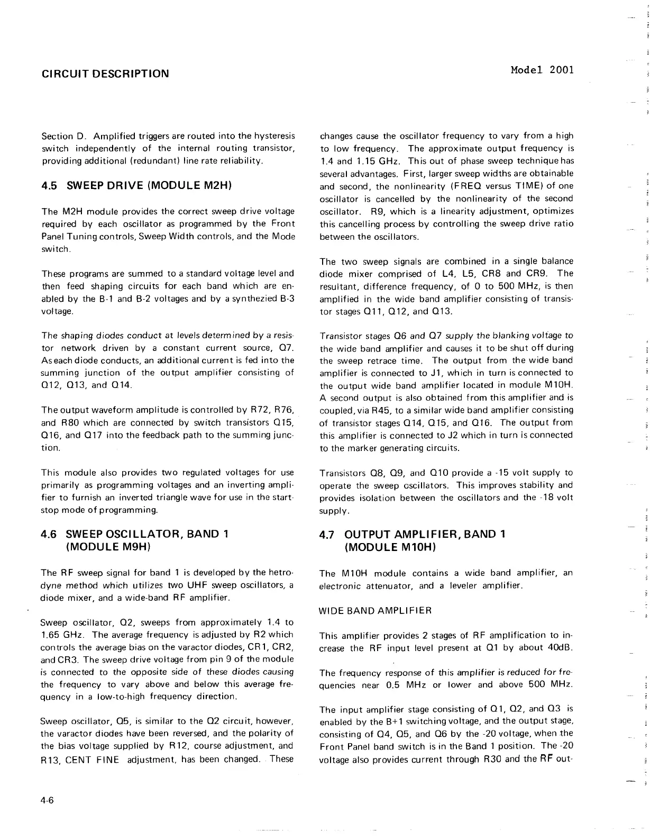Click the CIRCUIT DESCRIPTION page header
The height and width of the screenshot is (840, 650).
[105, 74]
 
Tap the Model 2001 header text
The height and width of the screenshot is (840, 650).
[542, 70]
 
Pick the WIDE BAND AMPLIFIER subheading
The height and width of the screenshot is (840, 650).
[376, 610]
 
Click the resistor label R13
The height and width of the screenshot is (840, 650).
[51, 759]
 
